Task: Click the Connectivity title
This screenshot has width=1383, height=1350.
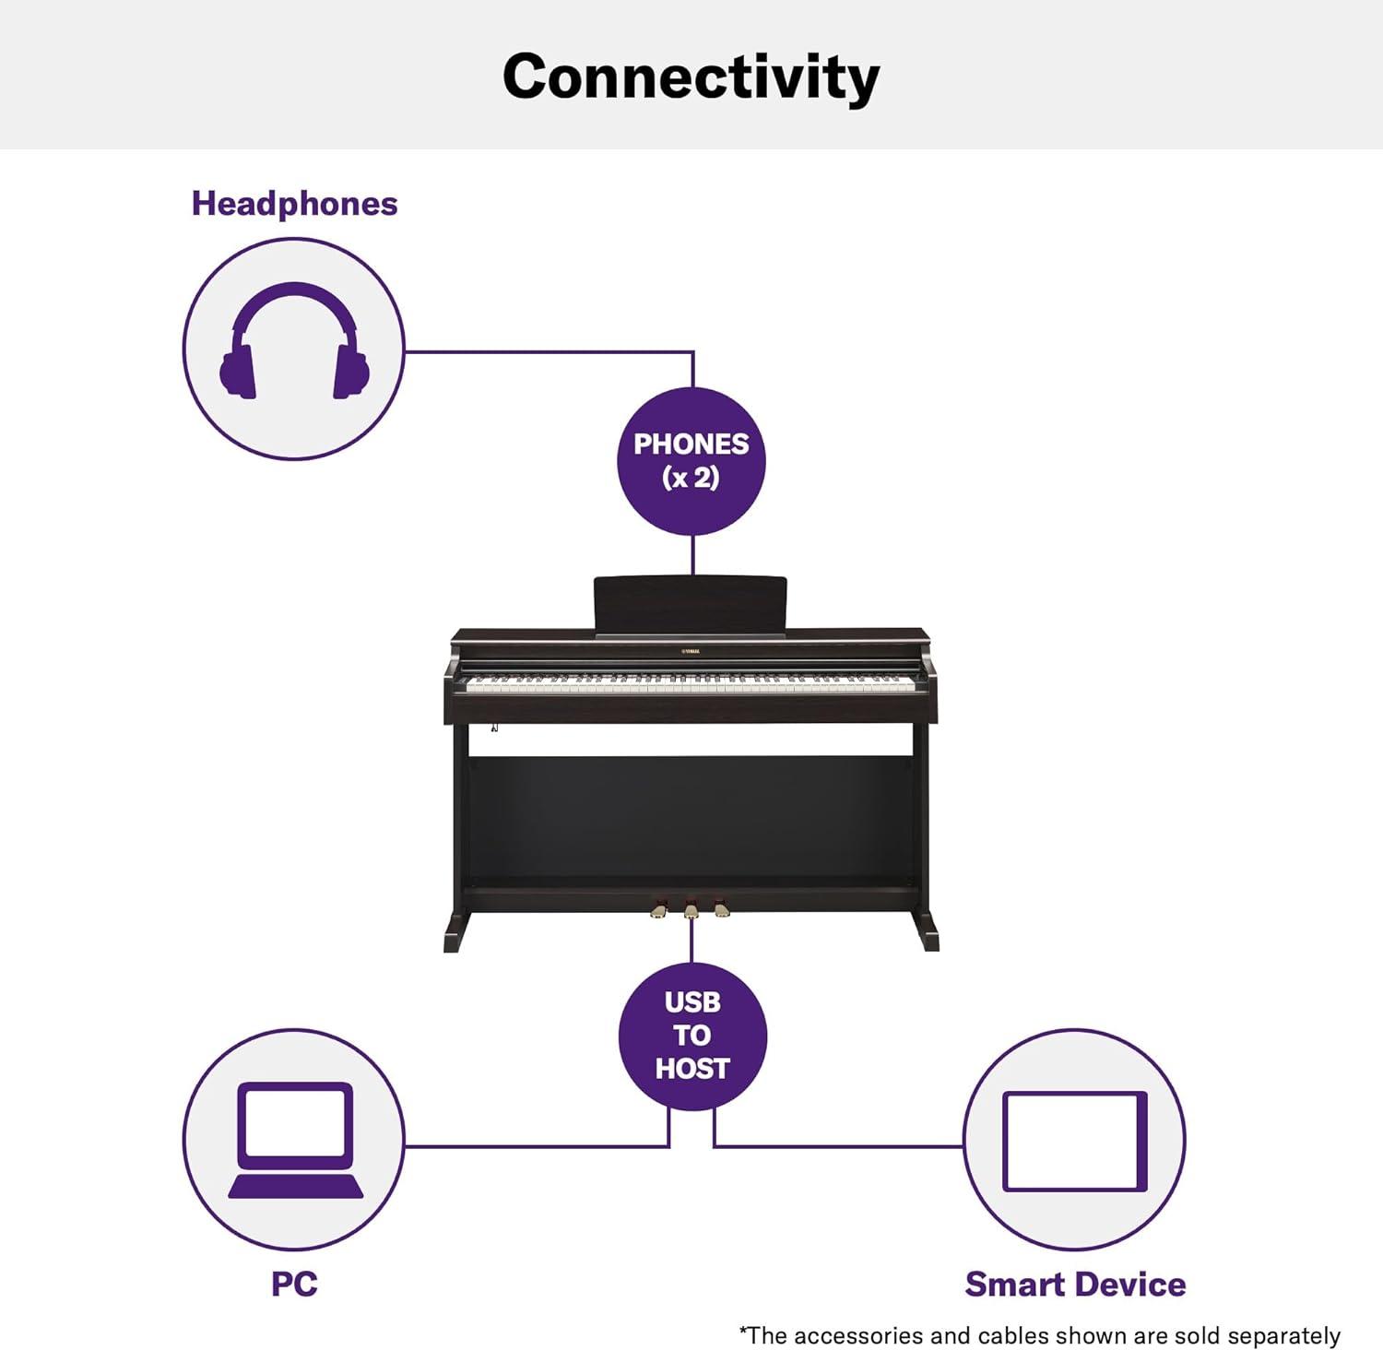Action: [x=691, y=77]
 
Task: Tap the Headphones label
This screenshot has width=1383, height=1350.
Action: [x=294, y=204]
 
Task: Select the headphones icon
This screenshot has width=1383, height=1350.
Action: [x=294, y=340]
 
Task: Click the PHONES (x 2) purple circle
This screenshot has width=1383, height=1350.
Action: [x=691, y=461]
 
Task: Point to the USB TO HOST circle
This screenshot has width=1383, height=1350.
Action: [x=692, y=1036]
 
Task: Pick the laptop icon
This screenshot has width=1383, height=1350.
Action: [x=295, y=1140]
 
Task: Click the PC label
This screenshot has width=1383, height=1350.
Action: [x=294, y=1284]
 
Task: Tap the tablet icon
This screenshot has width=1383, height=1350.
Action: [x=1075, y=1142]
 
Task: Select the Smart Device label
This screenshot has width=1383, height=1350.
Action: [x=1075, y=1284]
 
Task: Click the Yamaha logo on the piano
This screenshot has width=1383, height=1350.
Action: [x=691, y=651]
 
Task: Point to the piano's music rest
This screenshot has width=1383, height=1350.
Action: [x=691, y=606]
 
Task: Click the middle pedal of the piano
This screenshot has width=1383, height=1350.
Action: [x=691, y=910]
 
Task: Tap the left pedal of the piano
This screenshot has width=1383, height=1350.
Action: [x=658, y=910]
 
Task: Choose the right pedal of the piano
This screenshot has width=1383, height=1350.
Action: [x=722, y=909]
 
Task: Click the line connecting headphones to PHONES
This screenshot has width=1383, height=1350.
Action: [x=549, y=351]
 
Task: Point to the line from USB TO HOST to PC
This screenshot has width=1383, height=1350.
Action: [x=536, y=1146]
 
